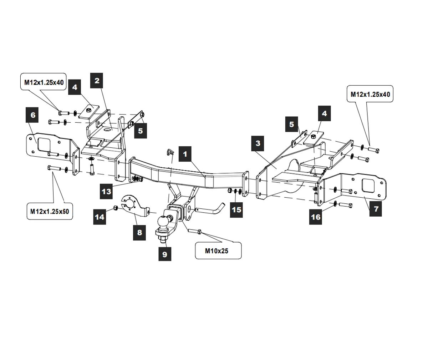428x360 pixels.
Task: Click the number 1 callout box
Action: click(x=185, y=154)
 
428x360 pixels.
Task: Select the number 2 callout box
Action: click(x=97, y=81)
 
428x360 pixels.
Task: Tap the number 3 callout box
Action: click(x=258, y=143)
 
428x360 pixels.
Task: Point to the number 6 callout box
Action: click(x=33, y=115)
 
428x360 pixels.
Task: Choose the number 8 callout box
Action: click(x=139, y=232)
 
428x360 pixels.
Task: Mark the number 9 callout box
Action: click(x=164, y=254)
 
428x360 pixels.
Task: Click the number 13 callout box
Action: click(x=107, y=191)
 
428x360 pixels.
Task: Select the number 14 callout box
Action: click(x=100, y=217)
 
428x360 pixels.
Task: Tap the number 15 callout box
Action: click(x=236, y=209)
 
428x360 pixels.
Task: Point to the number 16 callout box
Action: click(x=316, y=217)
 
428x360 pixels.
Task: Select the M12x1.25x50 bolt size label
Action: click(x=49, y=211)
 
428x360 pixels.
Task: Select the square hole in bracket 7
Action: click(x=368, y=187)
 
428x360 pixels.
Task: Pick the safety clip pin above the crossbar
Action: click(x=170, y=152)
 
